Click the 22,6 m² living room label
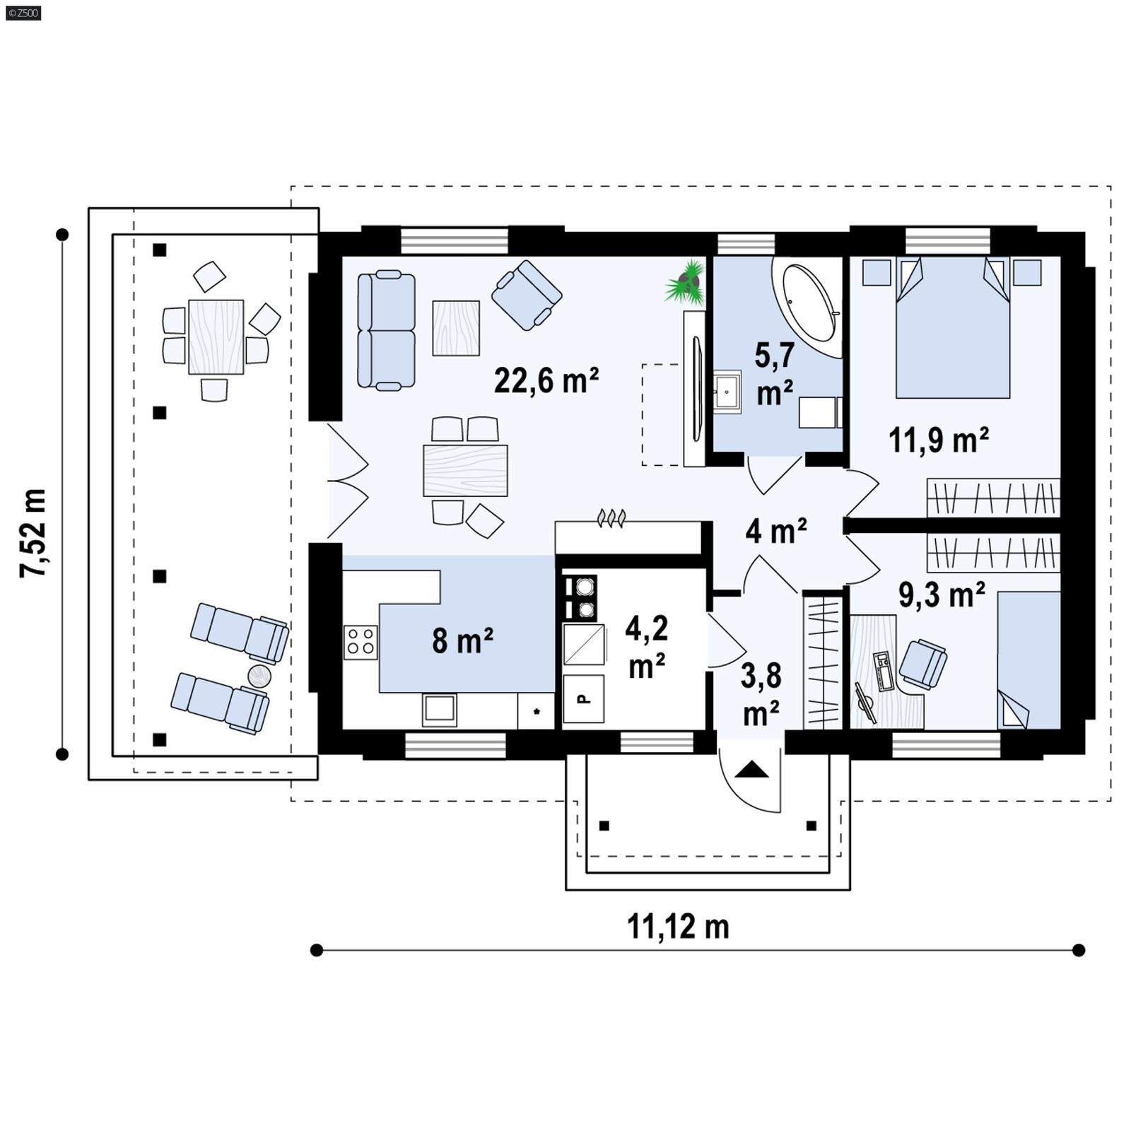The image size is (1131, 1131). pos(546,380)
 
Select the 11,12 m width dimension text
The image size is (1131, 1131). pos(677,926)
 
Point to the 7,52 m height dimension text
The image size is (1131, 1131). pos(33,532)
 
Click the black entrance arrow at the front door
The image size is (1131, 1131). pos(751,769)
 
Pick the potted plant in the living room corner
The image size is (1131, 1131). pos(685,283)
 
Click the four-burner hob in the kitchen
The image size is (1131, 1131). pos(360,642)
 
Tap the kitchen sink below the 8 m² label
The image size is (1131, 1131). pos(439,709)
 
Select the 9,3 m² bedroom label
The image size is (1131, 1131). pos(941,594)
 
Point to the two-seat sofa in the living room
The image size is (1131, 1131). pos(385,330)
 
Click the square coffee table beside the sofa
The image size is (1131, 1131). pos(456,327)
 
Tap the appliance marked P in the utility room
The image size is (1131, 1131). pos(583,698)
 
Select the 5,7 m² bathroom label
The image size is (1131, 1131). pos(774,373)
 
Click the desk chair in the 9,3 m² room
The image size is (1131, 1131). pos(922,663)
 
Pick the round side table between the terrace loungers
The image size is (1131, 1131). pos(259,676)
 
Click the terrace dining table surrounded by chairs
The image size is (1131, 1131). pos(216,336)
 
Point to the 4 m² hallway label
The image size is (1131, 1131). pos(775,530)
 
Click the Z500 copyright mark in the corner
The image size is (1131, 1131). pos(23,12)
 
